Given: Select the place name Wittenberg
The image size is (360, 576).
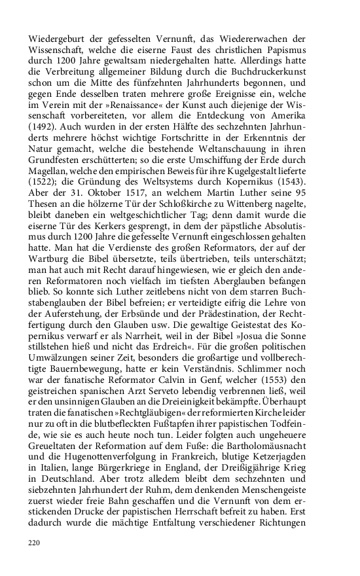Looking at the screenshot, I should click(x=274, y=266).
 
